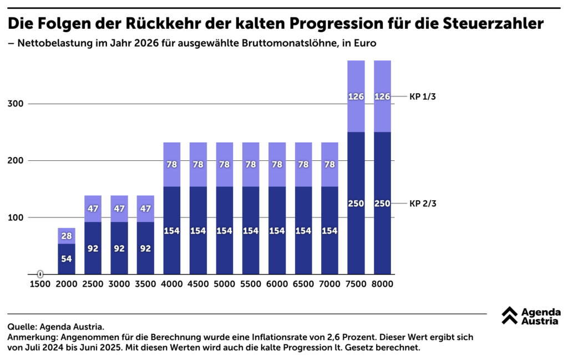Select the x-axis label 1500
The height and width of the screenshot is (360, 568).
tap(40, 284)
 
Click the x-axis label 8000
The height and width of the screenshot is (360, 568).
tap(383, 284)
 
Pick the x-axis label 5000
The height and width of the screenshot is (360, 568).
tap(225, 284)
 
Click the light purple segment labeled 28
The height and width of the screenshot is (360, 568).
tap(67, 236)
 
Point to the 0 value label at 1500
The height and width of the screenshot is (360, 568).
tap(40, 274)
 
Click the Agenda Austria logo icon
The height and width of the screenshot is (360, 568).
tap(509, 315)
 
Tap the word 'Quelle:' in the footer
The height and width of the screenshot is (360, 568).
tap(22, 327)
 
